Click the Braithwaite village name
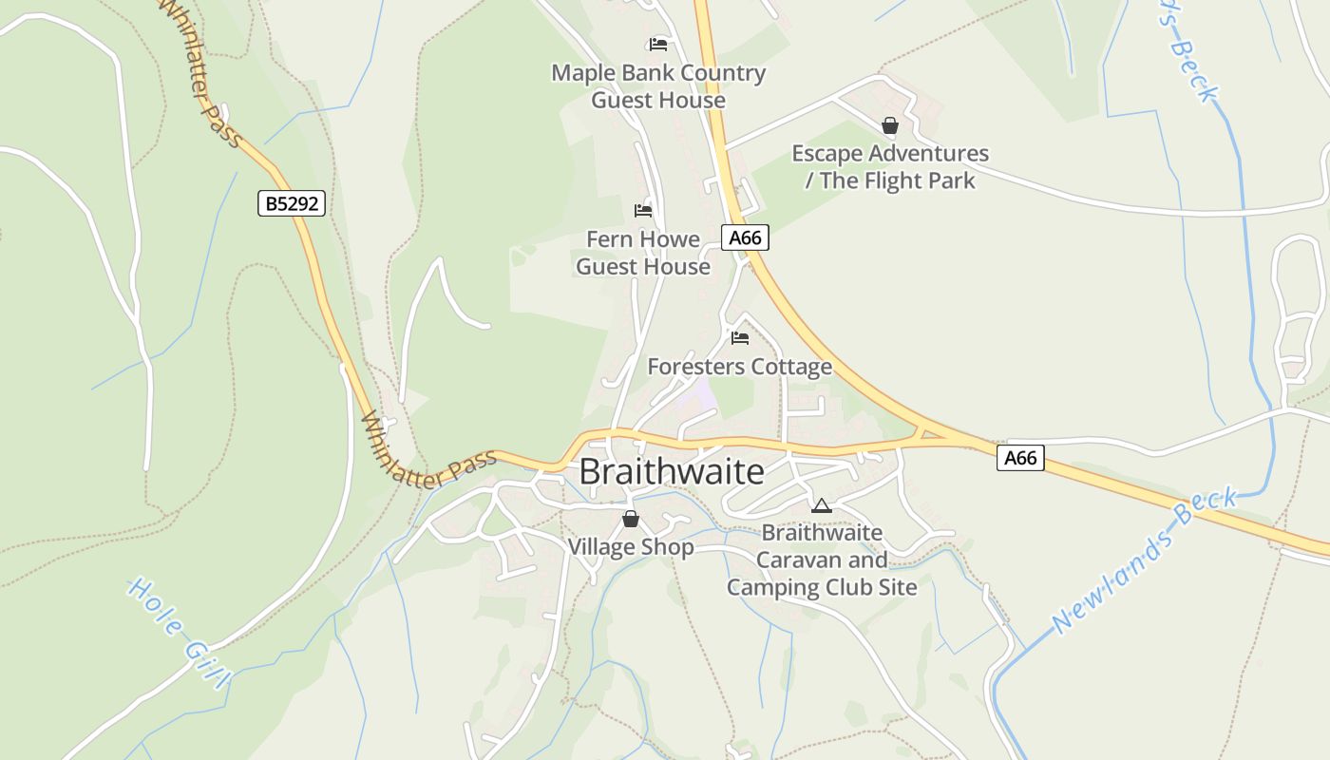671,472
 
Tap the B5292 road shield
291,202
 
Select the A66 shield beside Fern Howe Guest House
745,237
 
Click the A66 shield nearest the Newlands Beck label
1020,458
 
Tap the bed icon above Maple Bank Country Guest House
657,44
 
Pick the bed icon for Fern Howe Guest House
643,210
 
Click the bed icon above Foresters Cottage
740,337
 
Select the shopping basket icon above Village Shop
630,519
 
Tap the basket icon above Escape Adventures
890,125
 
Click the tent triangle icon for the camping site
822,505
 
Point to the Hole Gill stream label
180,632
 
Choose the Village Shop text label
631,547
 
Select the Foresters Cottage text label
739,367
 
